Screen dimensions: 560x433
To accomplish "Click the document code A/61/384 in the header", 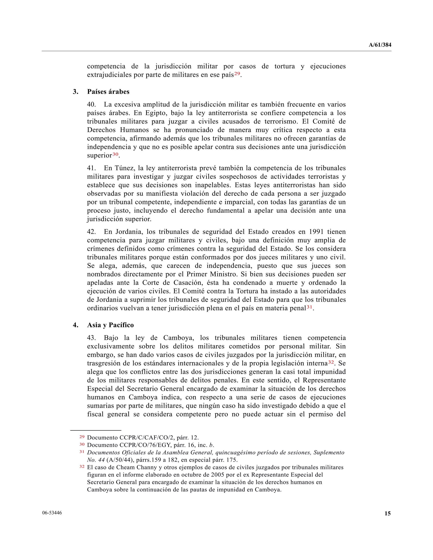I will (x=380, y=45).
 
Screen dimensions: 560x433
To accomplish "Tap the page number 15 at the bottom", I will (x=387, y=513).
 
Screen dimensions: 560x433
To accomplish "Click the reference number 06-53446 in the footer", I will (x=52, y=513).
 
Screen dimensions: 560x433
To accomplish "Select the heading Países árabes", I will (x=108, y=92).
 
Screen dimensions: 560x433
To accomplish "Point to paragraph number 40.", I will (x=91, y=104).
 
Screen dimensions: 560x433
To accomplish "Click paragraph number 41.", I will (x=91, y=168).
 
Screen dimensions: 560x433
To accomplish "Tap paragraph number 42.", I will (x=91, y=232).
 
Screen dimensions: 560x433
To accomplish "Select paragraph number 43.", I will (x=91, y=338).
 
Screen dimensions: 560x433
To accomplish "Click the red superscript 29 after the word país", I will (x=237, y=74).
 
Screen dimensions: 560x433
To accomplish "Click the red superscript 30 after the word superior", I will (x=115, y=154).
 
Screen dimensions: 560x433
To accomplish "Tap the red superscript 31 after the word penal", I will (x=309, y=307).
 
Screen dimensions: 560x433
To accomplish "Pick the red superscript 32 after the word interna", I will (x=331, y=362).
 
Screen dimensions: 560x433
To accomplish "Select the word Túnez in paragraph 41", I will (x=125, y=168).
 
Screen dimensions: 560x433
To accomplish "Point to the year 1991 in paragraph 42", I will (x=316, y=232).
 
